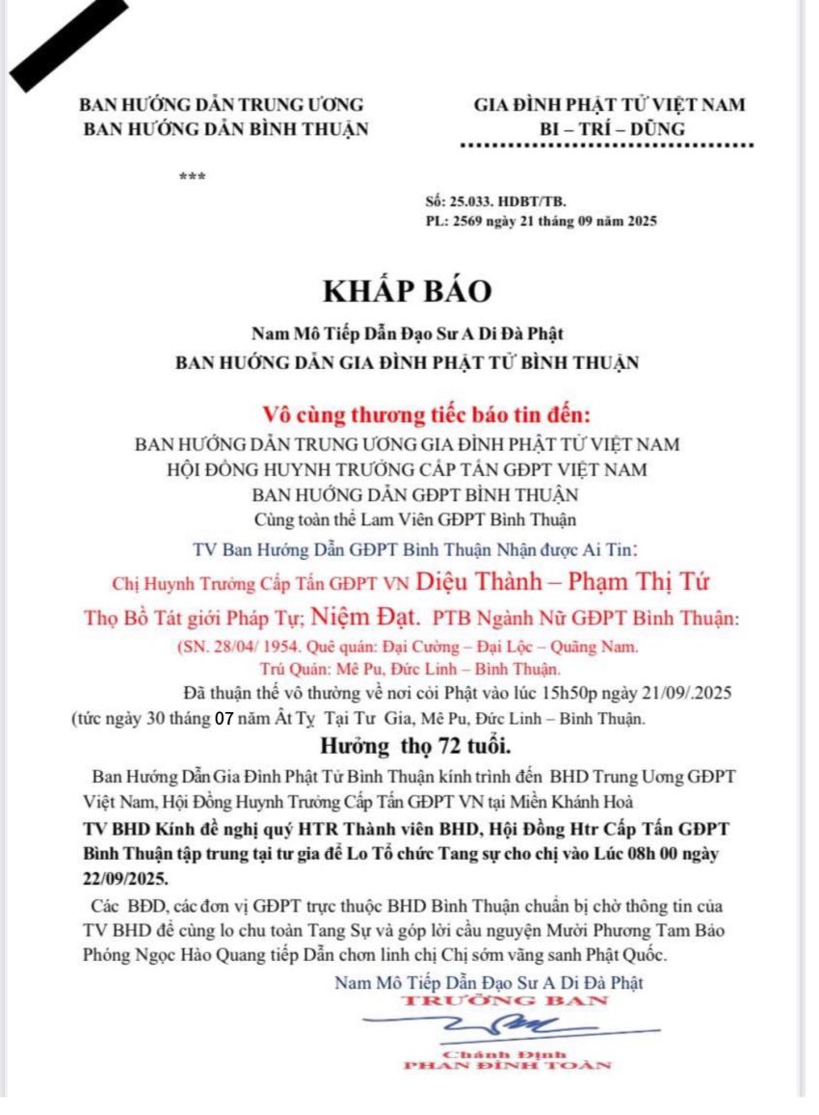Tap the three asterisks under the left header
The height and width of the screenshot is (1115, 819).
[192, 176]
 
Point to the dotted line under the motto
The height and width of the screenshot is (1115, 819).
[608, 146]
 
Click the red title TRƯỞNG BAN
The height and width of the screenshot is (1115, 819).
[505, 1001]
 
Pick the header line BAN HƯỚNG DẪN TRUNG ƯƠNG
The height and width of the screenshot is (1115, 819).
[222, 105]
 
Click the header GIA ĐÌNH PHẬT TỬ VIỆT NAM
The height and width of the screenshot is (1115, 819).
[609, 105]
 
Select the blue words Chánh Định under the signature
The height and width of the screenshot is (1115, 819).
[505, 1053]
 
